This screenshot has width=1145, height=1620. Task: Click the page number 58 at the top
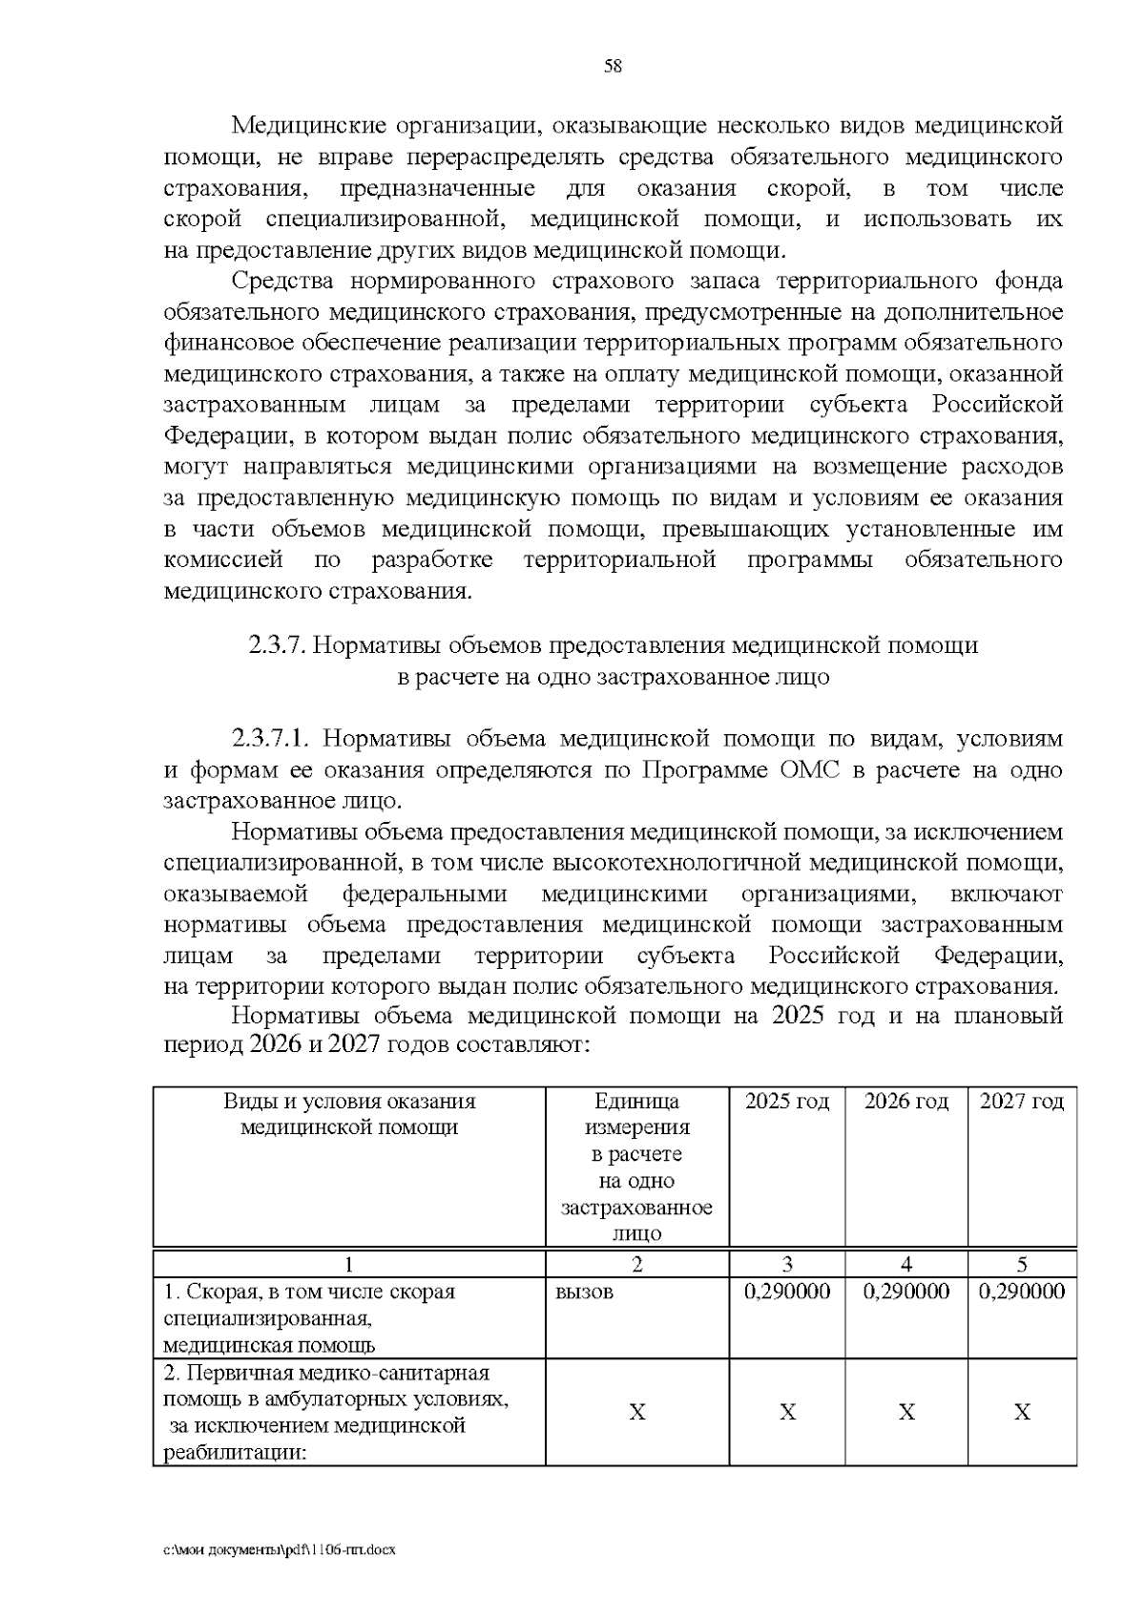(613, 66)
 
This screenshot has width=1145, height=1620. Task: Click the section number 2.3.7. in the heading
(277, 646)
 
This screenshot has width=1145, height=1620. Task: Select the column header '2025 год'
(786, 1102)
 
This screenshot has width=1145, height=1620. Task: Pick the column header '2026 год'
(906, 1102)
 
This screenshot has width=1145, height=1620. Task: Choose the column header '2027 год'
(1021, 1102)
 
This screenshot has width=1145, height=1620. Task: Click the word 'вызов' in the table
(584, 1293)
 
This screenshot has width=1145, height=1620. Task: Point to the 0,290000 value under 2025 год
(786, 1293)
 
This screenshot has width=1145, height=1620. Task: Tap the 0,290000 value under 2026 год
(906, 1293)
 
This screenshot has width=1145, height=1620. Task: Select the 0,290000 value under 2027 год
(1021, 1293)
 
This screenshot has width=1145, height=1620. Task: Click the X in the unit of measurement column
(636, 1412)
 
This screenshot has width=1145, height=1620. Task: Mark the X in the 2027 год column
(1021, 1412)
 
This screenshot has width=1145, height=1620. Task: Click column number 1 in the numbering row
(348, 1265)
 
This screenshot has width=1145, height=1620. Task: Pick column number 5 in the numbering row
(1021, 1265)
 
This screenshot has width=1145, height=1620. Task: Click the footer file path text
(279, 1550)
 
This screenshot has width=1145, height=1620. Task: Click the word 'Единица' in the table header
(636, 1102)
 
